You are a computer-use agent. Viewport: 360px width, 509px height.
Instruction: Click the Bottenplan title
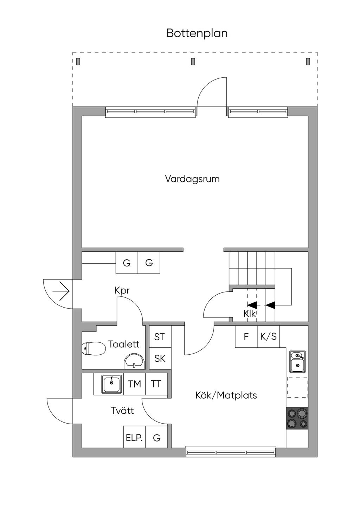tap(197, 33)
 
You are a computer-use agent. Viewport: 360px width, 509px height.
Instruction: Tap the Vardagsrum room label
tap(192, 179)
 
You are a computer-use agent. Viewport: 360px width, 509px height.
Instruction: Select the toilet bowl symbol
tap(94, 348)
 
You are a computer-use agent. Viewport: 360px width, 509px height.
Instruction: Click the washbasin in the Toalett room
tap(134, 361)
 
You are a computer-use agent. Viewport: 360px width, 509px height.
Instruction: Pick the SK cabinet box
tap(160, 358)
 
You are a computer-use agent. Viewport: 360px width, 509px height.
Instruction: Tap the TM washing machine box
tap(134, 384)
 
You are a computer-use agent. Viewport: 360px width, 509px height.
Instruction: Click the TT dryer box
tap(156, 384)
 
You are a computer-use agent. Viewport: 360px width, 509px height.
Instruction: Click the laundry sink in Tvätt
tap(111, 384)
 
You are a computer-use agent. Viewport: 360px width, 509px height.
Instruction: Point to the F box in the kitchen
tap(246, 336)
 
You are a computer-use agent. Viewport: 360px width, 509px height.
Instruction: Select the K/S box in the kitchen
tap(268, 336)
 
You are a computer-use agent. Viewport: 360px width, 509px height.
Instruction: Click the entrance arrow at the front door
tap(61, 291)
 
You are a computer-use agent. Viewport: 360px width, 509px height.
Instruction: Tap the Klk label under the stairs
tap(250, 314)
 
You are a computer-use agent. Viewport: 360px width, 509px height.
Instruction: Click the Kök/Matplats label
tap(226, 395)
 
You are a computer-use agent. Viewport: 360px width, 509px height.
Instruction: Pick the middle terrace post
tap(193, 62)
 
